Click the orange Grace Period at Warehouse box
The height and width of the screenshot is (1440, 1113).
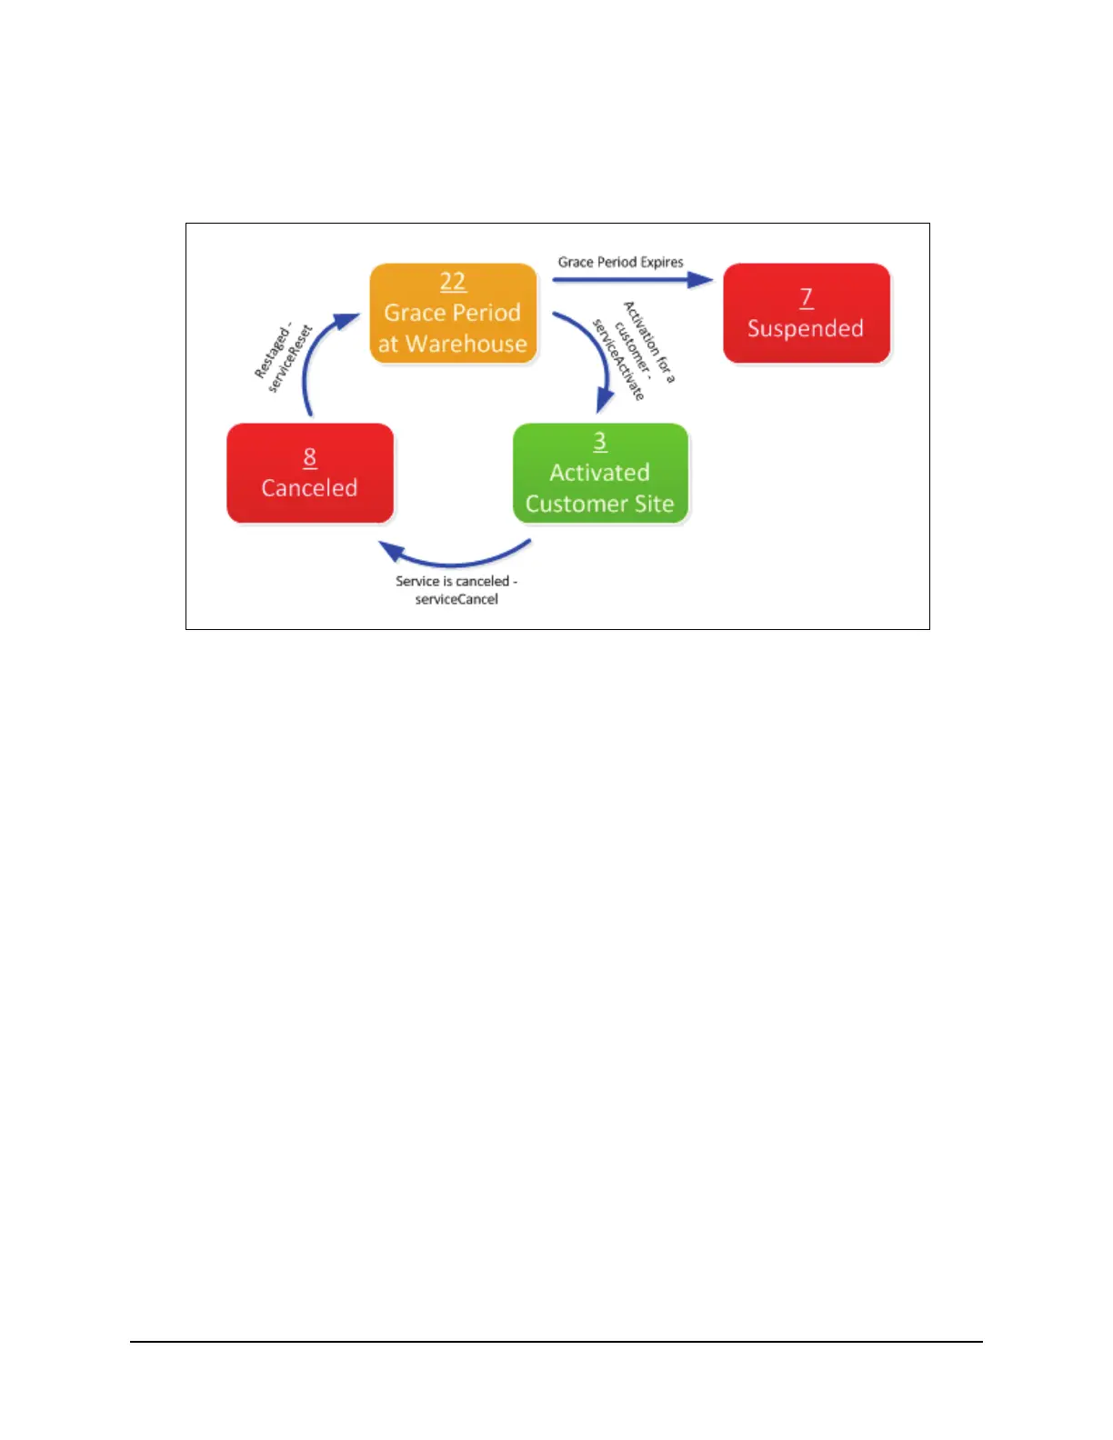pos(453,314)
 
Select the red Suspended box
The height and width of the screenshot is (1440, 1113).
pos(806,314)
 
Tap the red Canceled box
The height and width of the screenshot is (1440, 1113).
pos(309,473)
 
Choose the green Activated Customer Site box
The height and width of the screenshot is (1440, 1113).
pos(600,473)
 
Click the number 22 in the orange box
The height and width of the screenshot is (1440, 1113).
pos(453,282)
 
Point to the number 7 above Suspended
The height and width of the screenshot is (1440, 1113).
pos(806,297)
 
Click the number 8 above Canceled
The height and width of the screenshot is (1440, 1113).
pos(310,456)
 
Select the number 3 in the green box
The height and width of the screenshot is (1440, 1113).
pos(600,441)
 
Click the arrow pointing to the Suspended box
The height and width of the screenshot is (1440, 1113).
pos(632,279)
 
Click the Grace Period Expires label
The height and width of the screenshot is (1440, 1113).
pos(620,262)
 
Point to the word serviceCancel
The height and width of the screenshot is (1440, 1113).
pos(456,599)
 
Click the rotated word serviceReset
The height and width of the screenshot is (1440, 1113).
pos(290,359)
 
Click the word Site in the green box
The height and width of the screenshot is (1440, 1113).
pos(655,504)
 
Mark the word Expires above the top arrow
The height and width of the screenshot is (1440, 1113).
pos(661,262)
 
